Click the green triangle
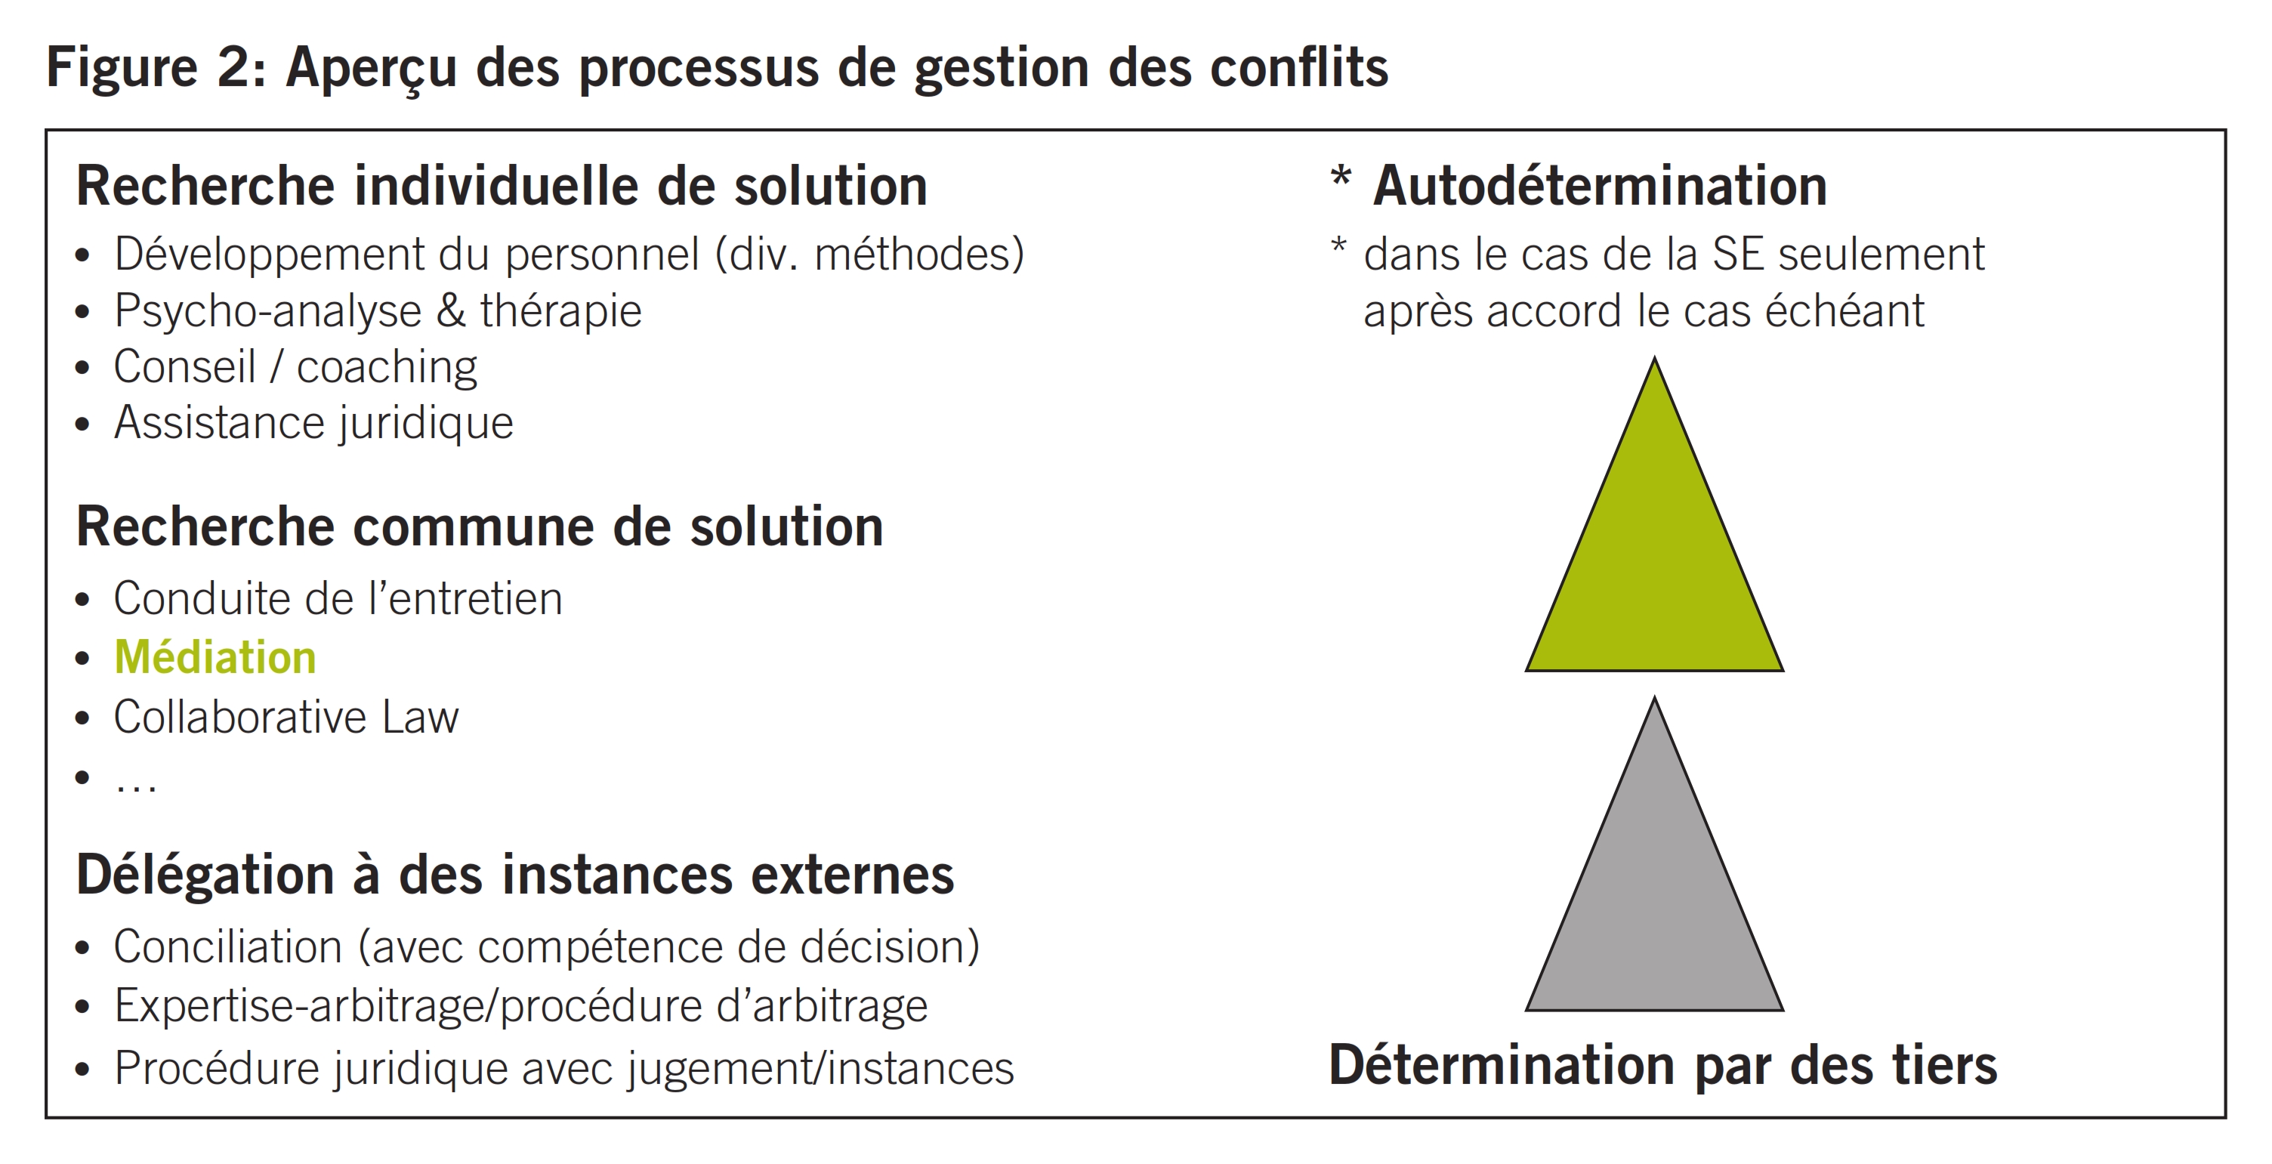coord(1655,564)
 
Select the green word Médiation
coord(215,658)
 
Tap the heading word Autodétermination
coord(1599,186)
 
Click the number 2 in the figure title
coord(235,67)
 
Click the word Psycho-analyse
coord(268,310)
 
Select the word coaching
coord(387,367)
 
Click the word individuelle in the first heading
coord(495,186)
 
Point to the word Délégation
coord(205,875)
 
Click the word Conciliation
coord(227,947)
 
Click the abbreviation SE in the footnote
coord(1737,255)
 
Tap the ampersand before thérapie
coord(451,310)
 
